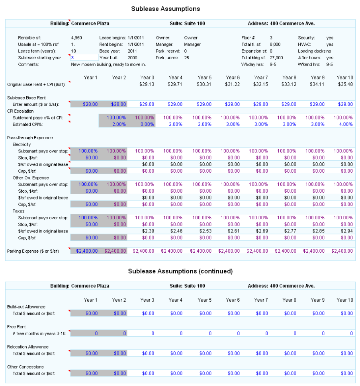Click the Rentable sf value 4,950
[x=76, y=38]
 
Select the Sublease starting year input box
[x=84, y=58]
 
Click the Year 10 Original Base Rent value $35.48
[x=345, y=84]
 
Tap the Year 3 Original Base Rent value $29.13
[x=147, y=84]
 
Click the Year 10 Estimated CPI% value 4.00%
[x=345, y=124]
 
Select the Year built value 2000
[x=132, y=58]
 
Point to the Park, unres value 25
[x=187, y=58]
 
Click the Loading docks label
[x=311, y=51]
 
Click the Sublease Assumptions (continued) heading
[x=180, y=271]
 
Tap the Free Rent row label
[x=16, y=327]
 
